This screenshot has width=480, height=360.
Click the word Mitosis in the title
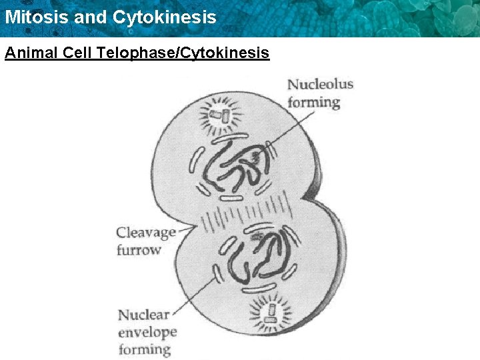pos(36,17)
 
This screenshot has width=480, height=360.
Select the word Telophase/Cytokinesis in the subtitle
pos(183,52)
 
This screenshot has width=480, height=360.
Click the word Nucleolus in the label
pos(320,85)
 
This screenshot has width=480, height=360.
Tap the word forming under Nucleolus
pos(313,103)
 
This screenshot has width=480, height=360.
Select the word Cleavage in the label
pos(146,233)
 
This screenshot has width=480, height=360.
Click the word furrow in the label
pos(139,250)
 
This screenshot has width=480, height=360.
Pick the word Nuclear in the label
pos(143,314)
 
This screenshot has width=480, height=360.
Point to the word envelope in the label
pos(147,331)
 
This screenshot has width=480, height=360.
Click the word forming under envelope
pos(145,349)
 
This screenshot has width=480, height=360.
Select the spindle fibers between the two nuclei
pos(247,215)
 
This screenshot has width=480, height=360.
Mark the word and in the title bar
pos(93,17)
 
